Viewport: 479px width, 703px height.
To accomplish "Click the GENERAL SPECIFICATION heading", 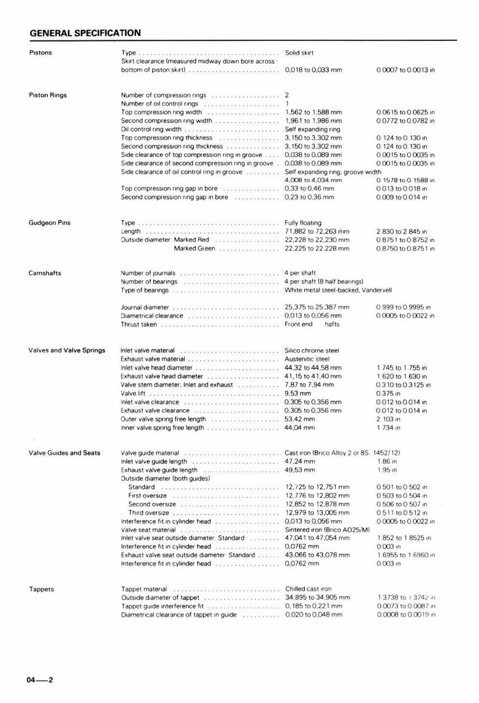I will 85,33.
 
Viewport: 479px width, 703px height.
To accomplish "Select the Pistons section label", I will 40,53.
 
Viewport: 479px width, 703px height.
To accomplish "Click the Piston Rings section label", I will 48,95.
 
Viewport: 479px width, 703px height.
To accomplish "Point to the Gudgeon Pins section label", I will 49,223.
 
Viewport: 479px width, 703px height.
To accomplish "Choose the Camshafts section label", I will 45,274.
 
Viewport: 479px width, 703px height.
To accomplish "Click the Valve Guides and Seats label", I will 64,453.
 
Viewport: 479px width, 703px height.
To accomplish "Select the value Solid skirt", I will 299,53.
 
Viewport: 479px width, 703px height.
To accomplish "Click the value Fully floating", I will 303,223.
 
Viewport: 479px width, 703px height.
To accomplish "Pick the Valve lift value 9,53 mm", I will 297,394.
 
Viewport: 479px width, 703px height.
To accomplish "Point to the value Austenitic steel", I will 307,359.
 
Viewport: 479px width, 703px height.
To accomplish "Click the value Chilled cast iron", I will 308,589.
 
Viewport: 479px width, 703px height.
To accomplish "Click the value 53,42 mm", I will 300,419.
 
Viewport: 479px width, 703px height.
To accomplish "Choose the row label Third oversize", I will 148,512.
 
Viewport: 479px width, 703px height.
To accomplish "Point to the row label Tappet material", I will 144,589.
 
